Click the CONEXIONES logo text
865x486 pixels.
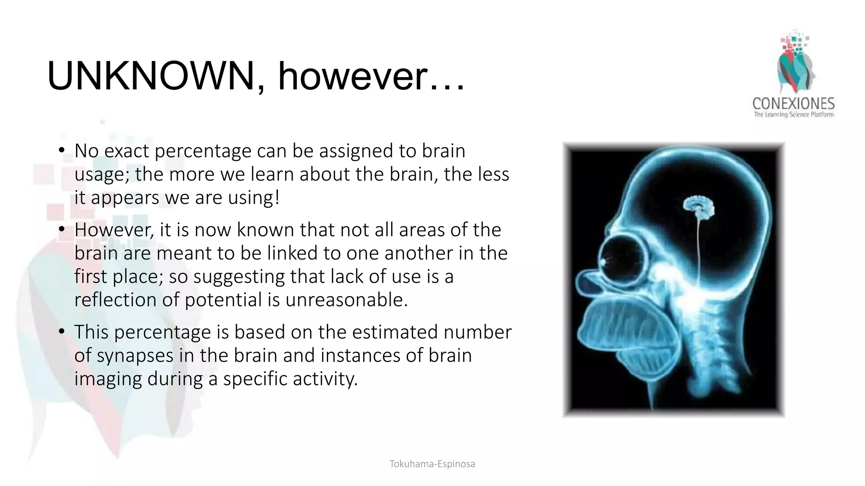793,104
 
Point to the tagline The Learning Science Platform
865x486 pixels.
794,115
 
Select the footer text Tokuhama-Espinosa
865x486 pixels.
432,464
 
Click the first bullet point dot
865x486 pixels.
62,150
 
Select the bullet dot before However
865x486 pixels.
62,229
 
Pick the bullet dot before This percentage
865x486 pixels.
62,332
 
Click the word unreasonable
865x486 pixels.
346,300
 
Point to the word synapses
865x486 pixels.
135,356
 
